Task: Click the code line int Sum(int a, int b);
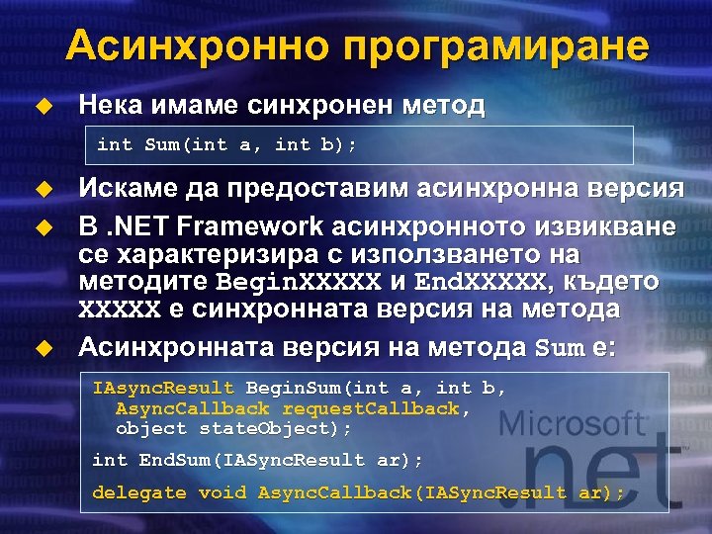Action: click(227, 145)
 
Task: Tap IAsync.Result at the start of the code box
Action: click(163, 388)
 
